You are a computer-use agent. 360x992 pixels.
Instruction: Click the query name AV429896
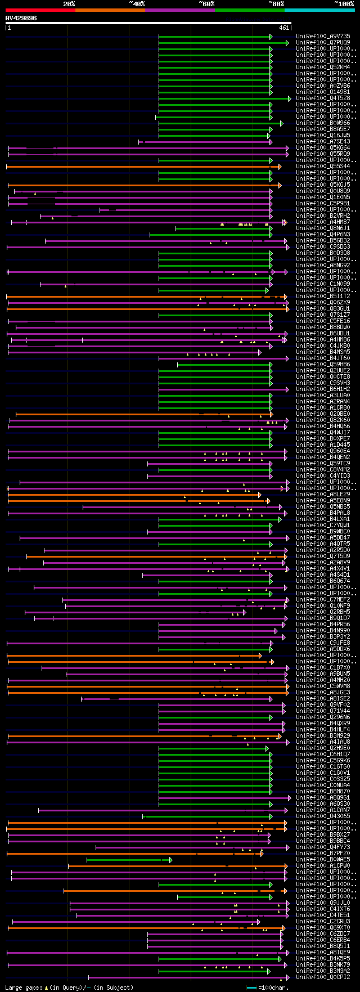click(21, 18)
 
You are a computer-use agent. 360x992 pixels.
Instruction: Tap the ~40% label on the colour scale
click(137, 3)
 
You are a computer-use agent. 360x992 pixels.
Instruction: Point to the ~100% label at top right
click(344, 3)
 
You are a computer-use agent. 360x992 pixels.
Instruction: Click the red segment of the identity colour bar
click(40, 10)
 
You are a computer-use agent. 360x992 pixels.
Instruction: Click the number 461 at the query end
click(284, 27)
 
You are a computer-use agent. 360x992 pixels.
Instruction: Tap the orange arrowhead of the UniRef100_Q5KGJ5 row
click(280, 185)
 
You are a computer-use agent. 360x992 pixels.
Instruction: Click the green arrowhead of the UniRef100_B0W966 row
click(282, 123)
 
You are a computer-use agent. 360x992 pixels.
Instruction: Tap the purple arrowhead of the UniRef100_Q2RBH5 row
click(244, 612)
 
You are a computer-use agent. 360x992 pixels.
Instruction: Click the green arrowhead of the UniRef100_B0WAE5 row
click(171, 860)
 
